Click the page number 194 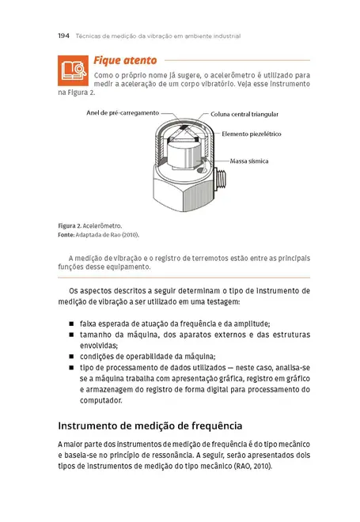65,36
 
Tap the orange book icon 73,70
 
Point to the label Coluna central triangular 244,115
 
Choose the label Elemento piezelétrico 252,134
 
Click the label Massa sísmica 248,161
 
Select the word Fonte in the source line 66,235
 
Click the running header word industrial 224,36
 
